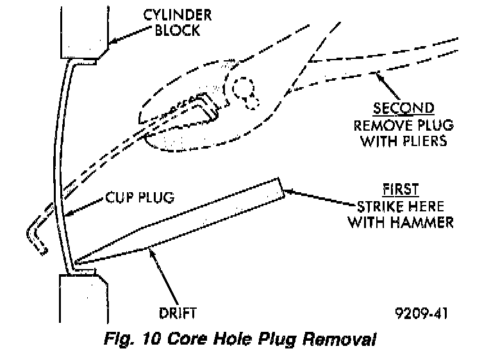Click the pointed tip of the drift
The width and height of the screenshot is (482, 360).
pyautogui.click(x=76, y=263)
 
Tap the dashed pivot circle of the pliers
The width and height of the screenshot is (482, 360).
pyautogui.click(x=244, y=90)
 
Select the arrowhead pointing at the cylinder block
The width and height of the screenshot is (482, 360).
pyautogui.click(x=110, y=42)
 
